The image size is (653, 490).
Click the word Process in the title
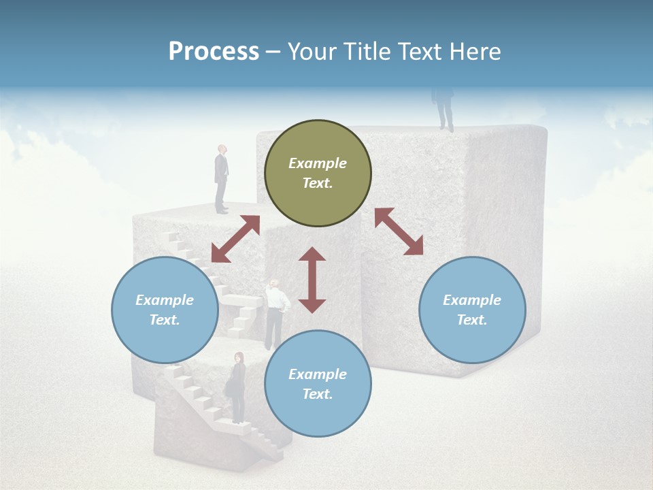214,52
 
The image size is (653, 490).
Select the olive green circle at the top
318,174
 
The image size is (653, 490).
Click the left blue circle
165,310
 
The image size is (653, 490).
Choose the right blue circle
472,310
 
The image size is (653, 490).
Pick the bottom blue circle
318,384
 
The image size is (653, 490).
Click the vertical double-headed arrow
312,280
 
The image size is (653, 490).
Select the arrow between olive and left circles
235,239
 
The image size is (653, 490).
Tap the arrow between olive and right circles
399,231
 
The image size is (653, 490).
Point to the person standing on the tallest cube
443,108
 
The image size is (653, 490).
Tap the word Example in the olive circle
318,163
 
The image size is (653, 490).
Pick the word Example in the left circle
165,300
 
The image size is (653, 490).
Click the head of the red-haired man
222,150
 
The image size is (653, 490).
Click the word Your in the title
313,52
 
